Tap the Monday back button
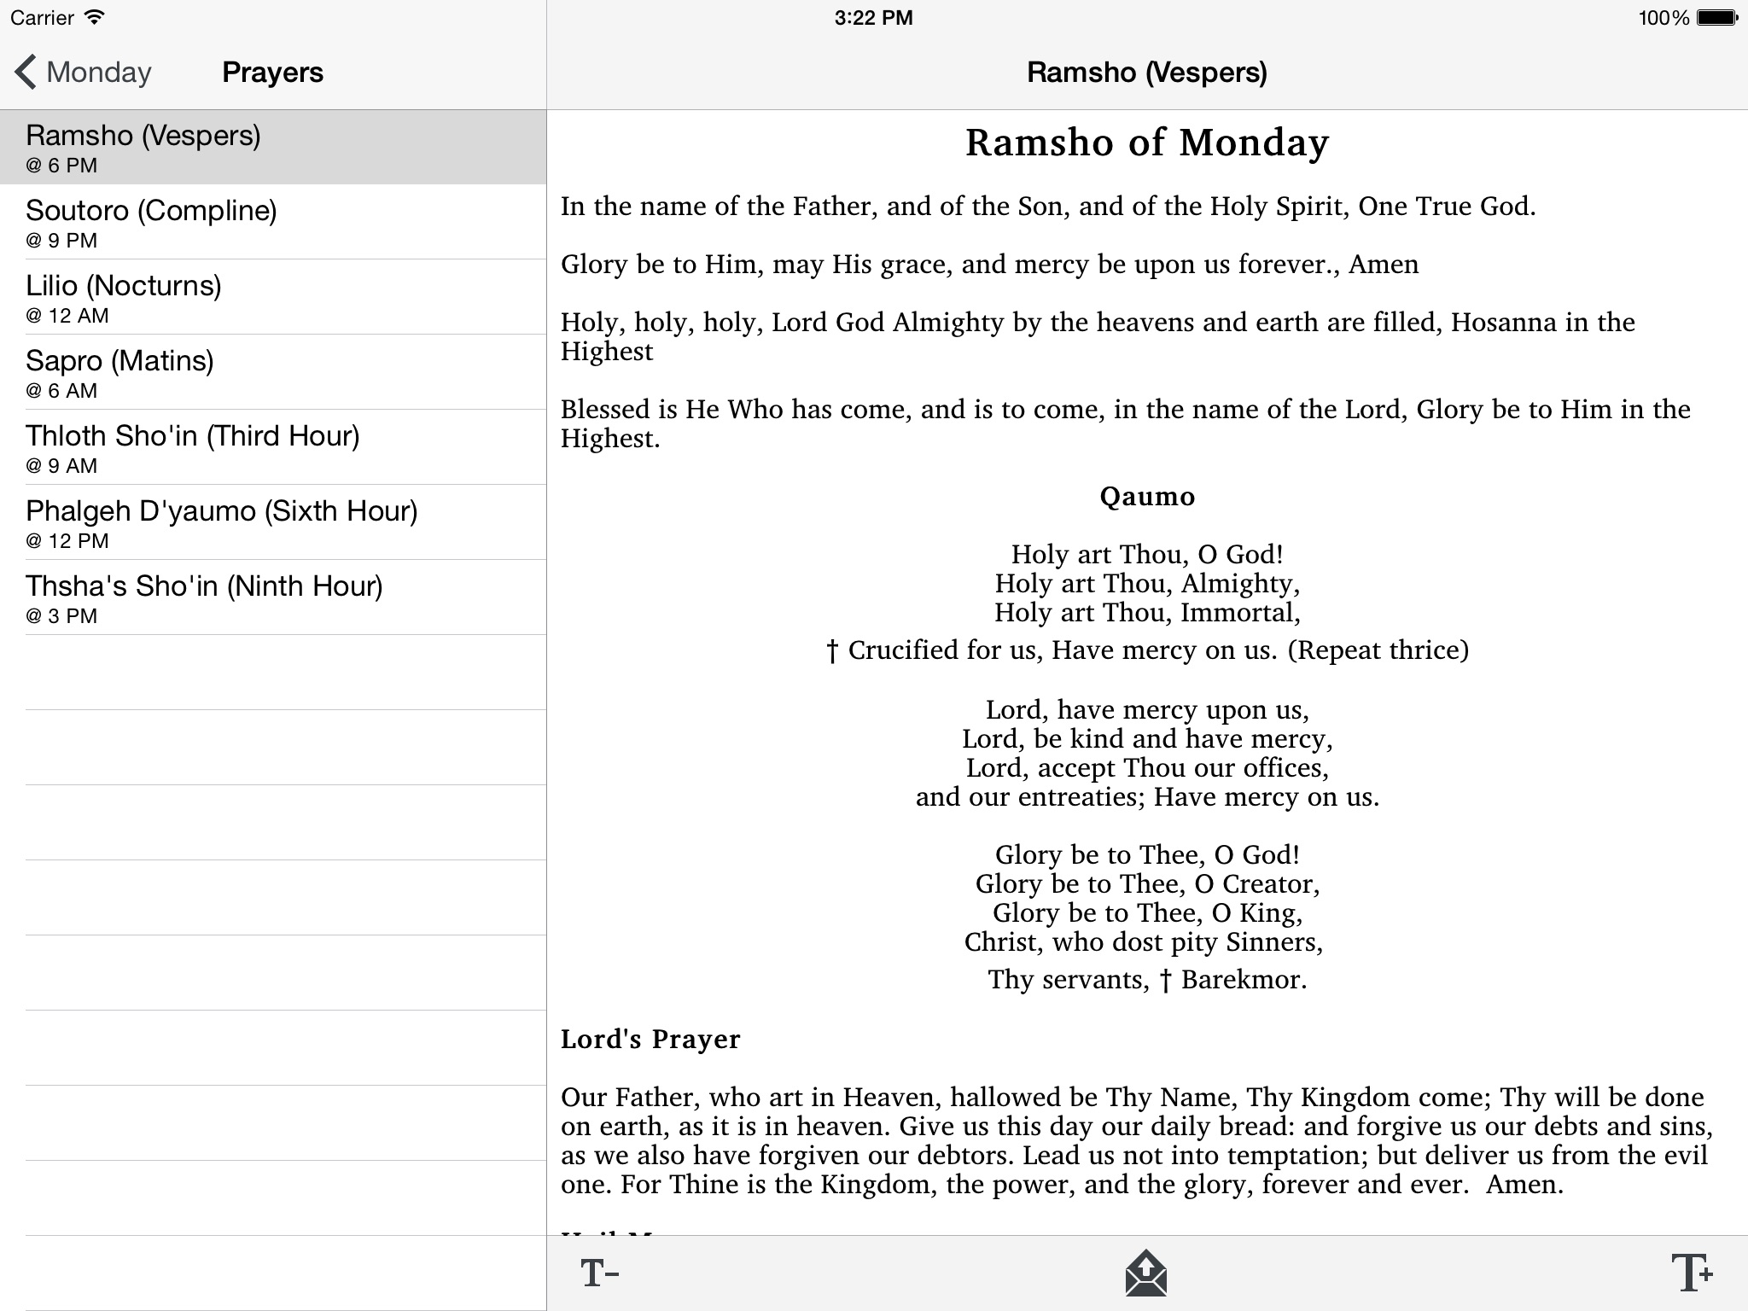pyautogui.click(x=83, y=73)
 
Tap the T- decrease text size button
pyautogui.click(x=599, y=1273)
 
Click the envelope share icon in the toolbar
pyautogui.click(x=1145, y=1273)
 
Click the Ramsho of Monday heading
pyautogui.click(x=1146, y=143)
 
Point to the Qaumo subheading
pyautogui.click(x=1146, y=496)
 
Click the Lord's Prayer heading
pyautogui.click(x=650, y=1039)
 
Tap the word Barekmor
pyautogui.click(x=1243, y=979)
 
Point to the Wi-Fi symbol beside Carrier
pyautogui.click(x=95, y=18)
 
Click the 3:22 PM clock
pyautogui.click(x=873, y=18)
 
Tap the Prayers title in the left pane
pyautogui.click(x=272, y=73)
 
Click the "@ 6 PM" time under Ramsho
pyautogui.click(x=61, y=166)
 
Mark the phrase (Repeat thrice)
pyautogui.click(x=1378, y=650)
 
